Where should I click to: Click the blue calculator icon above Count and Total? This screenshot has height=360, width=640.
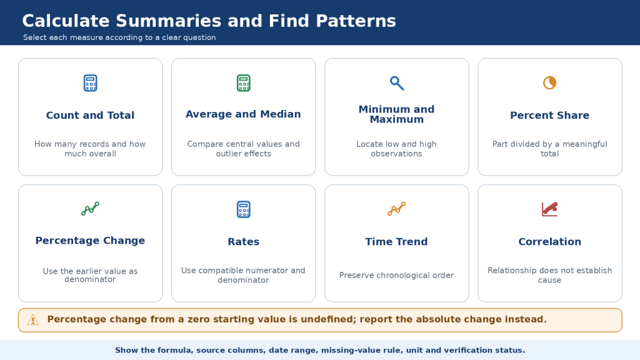(x=90, y=83)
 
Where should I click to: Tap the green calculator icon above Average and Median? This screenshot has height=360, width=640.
(x=244, y=83)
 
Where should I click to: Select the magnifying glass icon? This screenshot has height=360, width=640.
(x=397, y=83)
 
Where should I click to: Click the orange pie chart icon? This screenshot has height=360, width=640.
(x=550, y=83)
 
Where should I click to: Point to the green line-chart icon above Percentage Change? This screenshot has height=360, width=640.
(x=90, y=209)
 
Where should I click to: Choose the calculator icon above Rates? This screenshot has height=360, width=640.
(x=244, y=209)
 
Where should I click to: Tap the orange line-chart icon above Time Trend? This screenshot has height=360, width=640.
(x=397, y=209)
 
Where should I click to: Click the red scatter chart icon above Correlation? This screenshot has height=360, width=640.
(x=550, y=209)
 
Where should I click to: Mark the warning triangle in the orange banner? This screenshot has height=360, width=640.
(x=33, y=320)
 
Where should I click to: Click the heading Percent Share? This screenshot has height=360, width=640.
(x=550, y=116)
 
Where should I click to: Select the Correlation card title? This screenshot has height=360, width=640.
(x=550, y=242)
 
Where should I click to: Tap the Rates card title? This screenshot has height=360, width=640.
(x=244, y=242)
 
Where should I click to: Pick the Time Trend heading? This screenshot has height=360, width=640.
(x=397, y=242)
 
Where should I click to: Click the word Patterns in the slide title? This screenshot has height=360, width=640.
(x=356, y=21)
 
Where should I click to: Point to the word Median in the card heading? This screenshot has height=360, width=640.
(x=281, y=114)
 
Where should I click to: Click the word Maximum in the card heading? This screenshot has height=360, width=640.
(x=397, y=119)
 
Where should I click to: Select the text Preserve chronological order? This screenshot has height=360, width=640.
(x=397, y=276)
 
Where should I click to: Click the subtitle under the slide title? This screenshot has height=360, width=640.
(x=119, y=37)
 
